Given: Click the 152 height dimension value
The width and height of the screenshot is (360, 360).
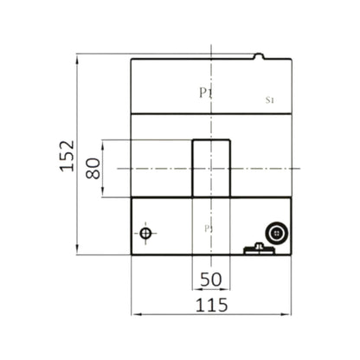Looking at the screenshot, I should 67,156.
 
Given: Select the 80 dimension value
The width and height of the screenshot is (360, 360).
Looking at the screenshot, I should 93,167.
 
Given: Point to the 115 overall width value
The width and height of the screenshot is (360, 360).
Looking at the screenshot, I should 210,305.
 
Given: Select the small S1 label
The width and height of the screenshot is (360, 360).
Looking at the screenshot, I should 269,100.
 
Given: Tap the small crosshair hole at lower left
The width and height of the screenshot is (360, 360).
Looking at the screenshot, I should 145,234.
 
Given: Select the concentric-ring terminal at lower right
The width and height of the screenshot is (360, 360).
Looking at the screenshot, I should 277,232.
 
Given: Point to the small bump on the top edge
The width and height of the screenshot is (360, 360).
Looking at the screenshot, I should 259,56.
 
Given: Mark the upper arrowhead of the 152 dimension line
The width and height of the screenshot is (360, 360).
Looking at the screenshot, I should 78,57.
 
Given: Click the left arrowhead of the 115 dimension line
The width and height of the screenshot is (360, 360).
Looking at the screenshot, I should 133,312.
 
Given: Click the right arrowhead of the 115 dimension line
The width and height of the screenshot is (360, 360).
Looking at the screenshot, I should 290,312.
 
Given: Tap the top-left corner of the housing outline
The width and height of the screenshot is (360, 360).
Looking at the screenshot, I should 131,59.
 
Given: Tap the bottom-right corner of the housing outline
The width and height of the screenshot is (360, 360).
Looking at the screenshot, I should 292,255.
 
